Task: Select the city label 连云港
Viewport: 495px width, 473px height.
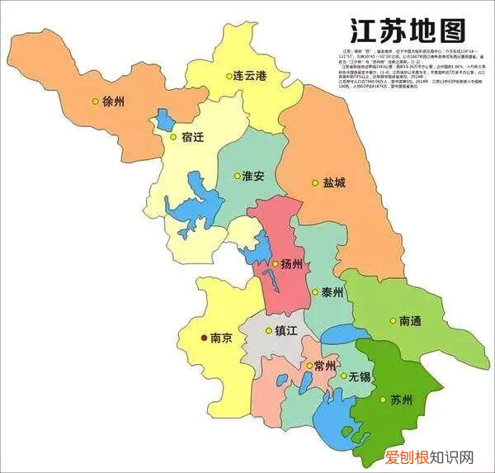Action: point(250,75)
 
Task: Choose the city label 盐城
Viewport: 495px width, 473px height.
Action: point(334,182)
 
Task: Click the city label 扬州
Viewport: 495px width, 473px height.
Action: point(293,264)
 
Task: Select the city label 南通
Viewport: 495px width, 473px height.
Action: point(411,320)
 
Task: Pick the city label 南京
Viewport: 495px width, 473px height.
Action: point(221,338)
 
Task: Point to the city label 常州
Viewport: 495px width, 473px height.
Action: point(323,366)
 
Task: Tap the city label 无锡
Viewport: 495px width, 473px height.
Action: point(361,376)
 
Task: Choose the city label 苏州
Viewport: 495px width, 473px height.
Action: point(402,401)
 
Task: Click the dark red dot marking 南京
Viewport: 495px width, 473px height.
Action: point(205,338)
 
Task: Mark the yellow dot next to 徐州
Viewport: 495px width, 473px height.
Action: point(96,102)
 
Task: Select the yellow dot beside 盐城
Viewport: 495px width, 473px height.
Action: point(314,182)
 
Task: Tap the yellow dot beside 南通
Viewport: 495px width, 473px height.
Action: point(392,320)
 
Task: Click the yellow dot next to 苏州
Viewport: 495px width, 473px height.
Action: point(384,401)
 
